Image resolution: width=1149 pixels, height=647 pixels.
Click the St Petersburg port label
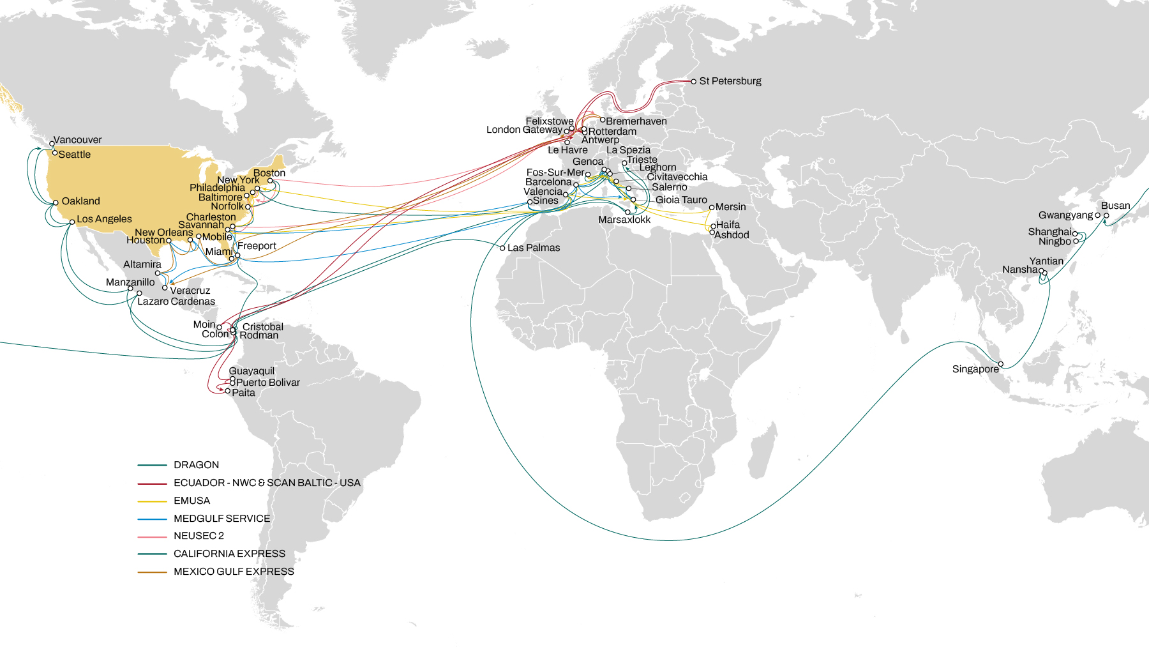730,81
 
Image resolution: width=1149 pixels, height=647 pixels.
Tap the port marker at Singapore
1001,364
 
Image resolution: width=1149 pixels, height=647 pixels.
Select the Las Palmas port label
533,248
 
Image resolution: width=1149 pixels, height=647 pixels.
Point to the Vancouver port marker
52,144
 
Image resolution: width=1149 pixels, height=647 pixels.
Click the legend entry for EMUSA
191,501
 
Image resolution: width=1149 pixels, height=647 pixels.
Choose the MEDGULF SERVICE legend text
222,519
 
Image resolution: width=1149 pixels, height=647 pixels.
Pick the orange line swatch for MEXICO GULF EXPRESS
152,572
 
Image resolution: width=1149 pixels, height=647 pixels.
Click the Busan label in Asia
1115,206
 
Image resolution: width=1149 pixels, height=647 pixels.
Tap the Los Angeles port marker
72,222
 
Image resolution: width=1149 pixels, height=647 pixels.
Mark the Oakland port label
80,201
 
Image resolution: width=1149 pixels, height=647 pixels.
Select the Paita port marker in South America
228,391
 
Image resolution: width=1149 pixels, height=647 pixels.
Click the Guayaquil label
252,371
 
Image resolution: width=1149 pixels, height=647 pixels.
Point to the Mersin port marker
712,208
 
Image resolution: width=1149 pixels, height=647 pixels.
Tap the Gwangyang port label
1065,215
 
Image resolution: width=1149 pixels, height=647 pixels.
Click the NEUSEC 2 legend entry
199,536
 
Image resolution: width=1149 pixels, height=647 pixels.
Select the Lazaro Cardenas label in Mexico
176,301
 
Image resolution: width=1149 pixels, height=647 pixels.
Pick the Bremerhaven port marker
602,119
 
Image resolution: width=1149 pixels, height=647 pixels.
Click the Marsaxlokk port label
624,220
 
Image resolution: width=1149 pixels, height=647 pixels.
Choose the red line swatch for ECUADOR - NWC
152,483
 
